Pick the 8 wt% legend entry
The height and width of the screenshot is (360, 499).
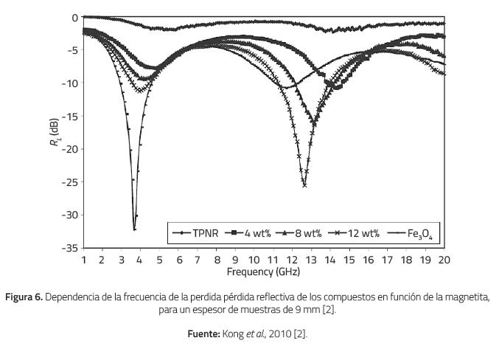point(301,235)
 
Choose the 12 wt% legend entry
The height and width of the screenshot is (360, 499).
point(357,235)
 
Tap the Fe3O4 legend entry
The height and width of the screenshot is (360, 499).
point(413,235)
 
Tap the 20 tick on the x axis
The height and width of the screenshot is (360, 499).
point(444,260)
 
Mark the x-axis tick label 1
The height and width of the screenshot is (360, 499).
point(83,260)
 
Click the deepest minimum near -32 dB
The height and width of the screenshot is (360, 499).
point(134,229)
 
